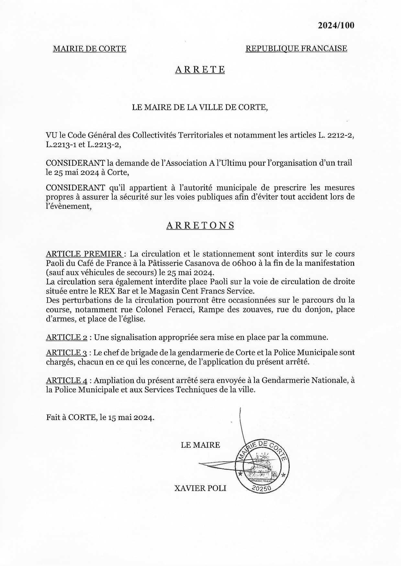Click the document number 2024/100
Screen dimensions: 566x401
[x=336, y=26]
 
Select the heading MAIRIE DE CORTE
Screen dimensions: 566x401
[x=89, y=49]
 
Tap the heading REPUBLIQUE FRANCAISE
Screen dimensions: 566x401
[x=296, y=48]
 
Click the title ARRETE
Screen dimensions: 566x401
[x=200, y=70]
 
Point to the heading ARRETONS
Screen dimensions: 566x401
[x=200, y=225]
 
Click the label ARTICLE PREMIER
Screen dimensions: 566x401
[x=84, y=254]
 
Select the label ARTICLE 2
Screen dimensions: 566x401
[x=66, y=337]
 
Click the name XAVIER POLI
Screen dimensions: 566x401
[x=200, y=488]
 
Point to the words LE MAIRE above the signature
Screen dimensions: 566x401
[x=200, y=445]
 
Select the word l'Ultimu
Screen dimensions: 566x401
[x=231, y=163]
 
